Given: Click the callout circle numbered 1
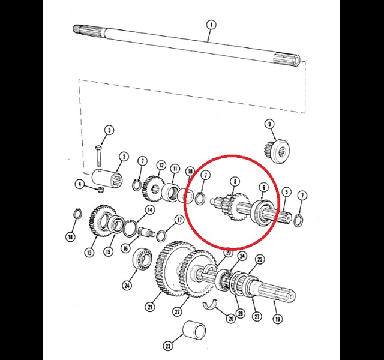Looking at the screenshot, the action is point(211,25).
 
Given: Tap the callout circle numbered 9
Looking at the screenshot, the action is point(269,124).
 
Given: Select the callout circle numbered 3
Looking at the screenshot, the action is point(109,130).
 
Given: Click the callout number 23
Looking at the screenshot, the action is point(168,346).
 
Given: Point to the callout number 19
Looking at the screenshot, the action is point(277,319).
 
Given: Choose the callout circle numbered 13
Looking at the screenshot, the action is point(89,253).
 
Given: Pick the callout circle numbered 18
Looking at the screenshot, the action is point(71,237).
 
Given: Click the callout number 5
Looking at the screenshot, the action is point(287,191).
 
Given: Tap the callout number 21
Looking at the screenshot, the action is point(150,307).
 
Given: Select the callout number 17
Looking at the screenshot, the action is point(179,220).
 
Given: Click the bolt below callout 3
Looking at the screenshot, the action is point(98,156).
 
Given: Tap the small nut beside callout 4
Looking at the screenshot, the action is point(100,190).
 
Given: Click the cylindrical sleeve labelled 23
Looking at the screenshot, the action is point(194,329).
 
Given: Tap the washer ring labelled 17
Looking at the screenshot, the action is point(161,236).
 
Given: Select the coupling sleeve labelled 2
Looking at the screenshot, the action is point(107,180).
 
